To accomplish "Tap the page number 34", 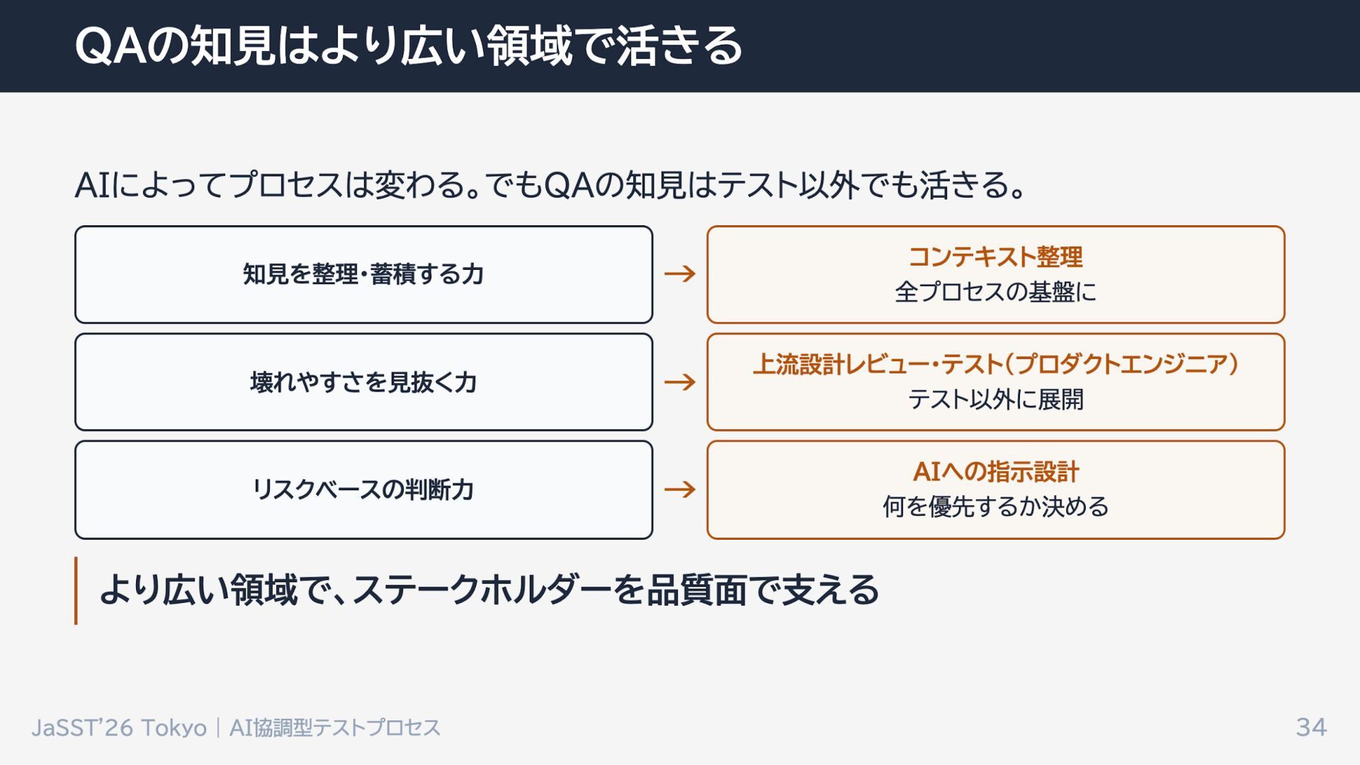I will point(1311,727).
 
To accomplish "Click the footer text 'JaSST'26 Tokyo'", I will point(119,727).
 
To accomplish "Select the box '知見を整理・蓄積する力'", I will point(363,274).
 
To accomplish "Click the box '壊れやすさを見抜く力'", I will point(363,382).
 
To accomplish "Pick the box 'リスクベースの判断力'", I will point(363,489).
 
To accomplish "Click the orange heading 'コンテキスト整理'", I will point(995,256).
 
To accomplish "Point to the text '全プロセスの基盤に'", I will point(995,292).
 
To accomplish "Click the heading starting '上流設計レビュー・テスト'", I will point(995,364).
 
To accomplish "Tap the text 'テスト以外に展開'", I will point(995,399).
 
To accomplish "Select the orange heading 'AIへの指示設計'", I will point(995,472).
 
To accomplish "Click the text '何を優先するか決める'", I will point(995,507).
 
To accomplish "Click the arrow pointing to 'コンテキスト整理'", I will point(680,273).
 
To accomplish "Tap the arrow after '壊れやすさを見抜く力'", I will point(680,382).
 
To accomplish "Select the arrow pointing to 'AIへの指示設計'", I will point(680,489).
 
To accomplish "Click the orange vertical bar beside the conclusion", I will point(76,590).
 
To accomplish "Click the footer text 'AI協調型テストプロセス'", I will point(335,727).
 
